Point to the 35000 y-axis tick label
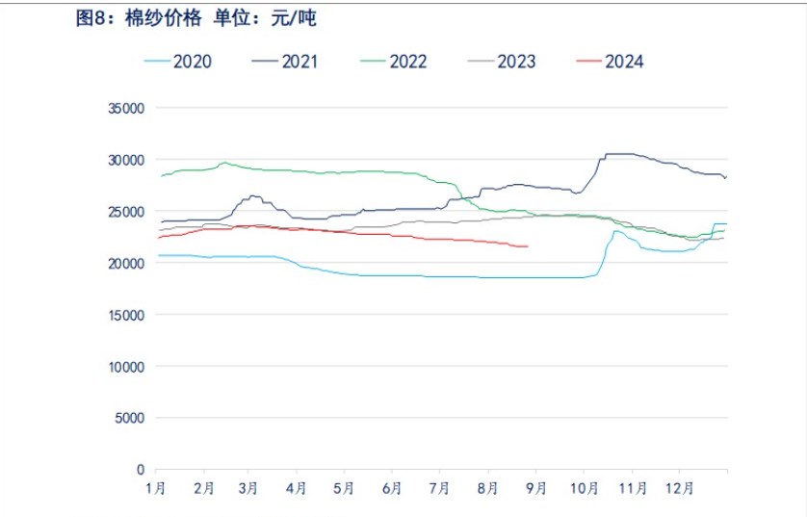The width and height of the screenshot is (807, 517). [125, 108]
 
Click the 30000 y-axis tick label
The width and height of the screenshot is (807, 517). [125, 160]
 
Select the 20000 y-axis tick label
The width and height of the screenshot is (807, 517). [125, 263]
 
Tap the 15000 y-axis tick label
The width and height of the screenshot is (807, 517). [125, 315]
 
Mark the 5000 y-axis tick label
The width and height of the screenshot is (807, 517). [128, 418]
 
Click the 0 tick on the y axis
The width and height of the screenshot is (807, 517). [140, 470]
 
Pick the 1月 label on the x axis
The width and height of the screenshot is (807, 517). [156, 488]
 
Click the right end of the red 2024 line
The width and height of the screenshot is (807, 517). [528, 246]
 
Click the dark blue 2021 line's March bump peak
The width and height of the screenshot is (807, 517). [252, 195]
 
